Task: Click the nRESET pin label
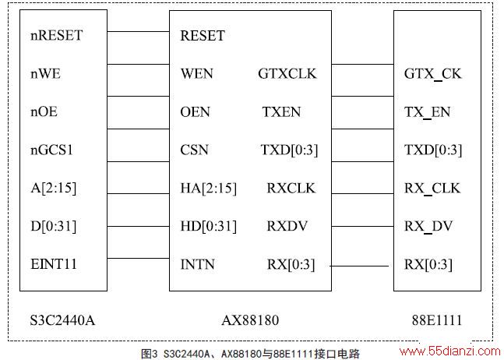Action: pos(57,35)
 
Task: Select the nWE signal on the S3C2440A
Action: pos(45,73)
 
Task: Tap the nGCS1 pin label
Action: pos(51,150)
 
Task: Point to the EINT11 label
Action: pos(54,264)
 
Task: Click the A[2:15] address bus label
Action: pos(54,188)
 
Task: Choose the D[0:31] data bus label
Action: pos(54,226)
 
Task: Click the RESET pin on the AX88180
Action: pos(203,36)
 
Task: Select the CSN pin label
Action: pos(194,150)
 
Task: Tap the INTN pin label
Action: pos(197,264)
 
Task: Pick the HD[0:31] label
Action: pos(208,226)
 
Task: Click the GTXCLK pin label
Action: pos(287,73)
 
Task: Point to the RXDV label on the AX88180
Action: pos(287,226)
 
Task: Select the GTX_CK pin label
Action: pos(432,74)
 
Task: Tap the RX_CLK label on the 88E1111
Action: pos(432,189)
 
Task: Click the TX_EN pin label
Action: pos(427,112)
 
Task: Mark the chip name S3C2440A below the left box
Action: pos(62,320)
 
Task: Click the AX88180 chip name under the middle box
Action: pos(250,320)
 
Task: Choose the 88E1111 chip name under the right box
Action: pos(437,320)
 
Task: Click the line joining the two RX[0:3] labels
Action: pos(359,266)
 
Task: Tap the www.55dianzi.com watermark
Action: pos(449,351)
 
